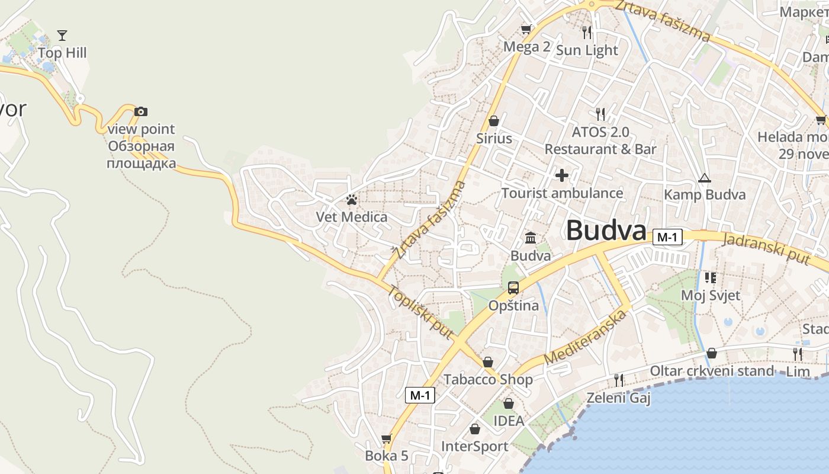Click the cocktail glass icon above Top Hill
coord(62,36)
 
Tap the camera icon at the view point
coord(140,111)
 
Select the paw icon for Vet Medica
coord(352,200)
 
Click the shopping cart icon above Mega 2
coord(526,29)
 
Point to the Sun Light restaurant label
coord(587,50)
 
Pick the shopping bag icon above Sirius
coord(494,121)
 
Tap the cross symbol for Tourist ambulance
coord(561,175)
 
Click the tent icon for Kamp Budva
coord(704,178)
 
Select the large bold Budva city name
coord(605,230)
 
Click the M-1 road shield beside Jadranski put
coord(667,238)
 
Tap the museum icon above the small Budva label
coord(531,238)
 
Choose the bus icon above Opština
coord(513,288)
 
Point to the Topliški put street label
coord(420,313)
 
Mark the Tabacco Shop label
coord(488,379)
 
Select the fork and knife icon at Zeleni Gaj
coord(619,380)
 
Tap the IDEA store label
coord(509,421)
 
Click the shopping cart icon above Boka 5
coord(387,438)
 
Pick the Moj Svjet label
coord(711,295)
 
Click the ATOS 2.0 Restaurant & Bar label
coord(600,140)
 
